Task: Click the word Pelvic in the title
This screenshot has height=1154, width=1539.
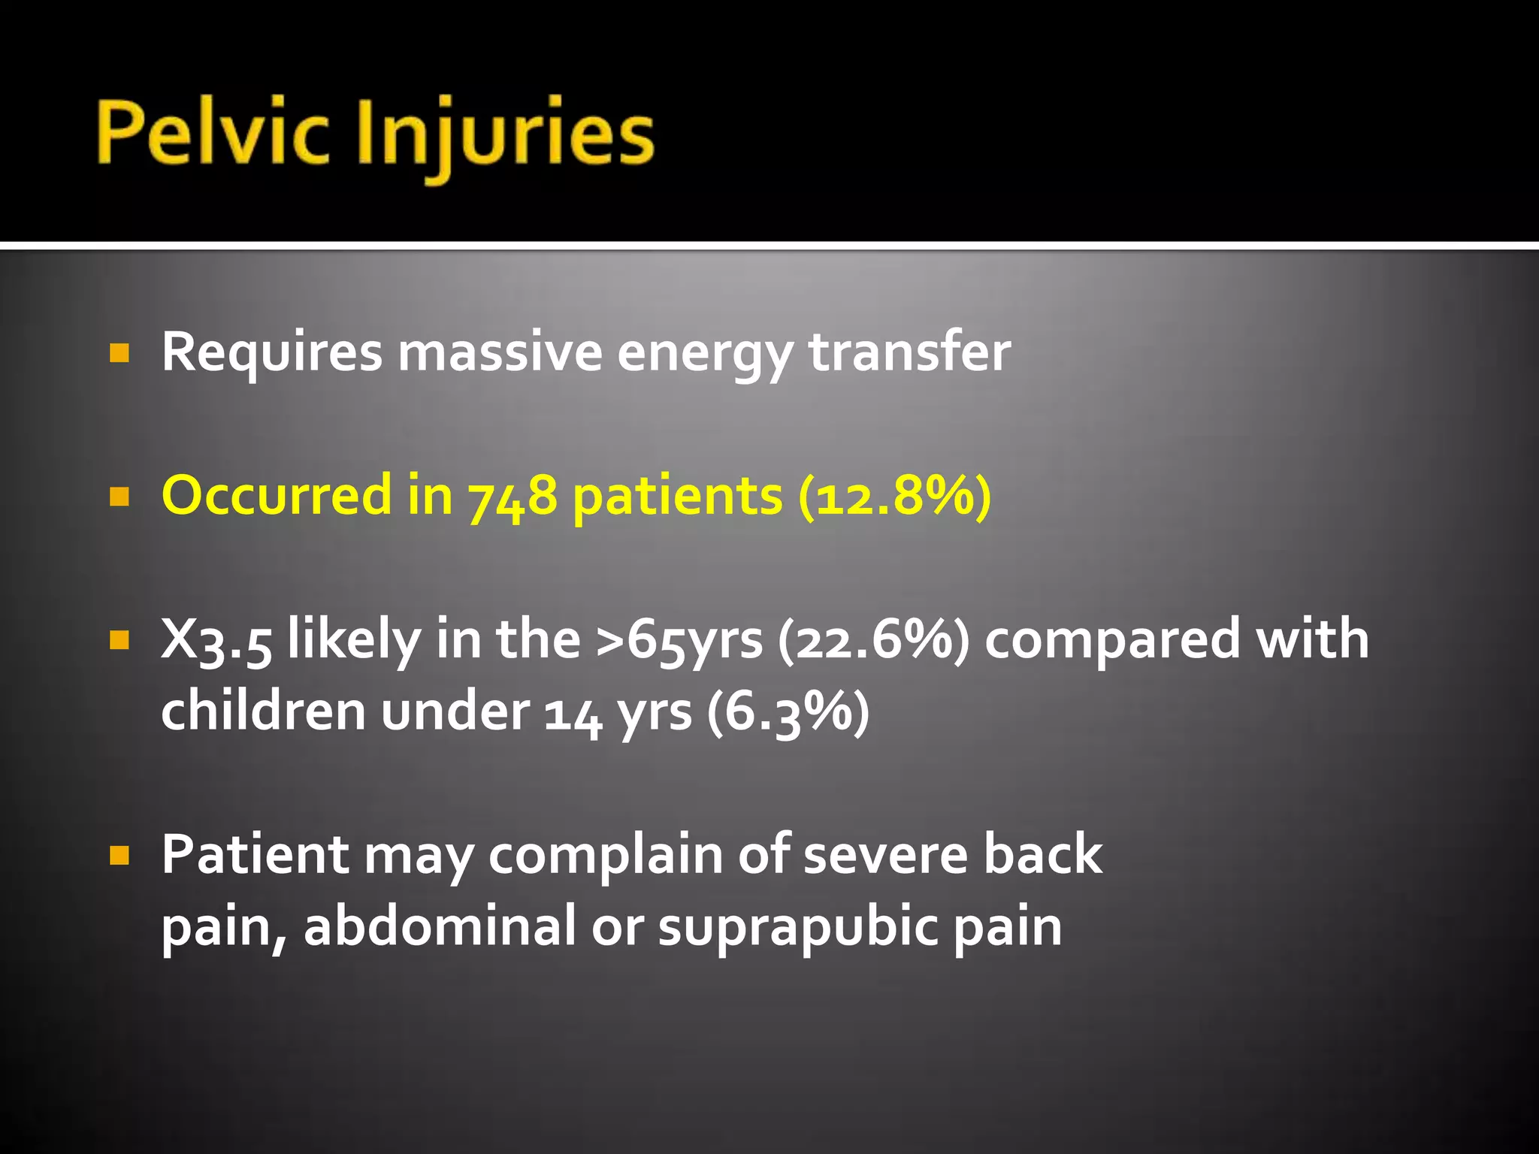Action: [x=213, y=134]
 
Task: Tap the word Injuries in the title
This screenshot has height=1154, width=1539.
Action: [x=505, y=135]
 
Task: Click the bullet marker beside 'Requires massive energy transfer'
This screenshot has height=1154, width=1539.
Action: [x=119, y=353]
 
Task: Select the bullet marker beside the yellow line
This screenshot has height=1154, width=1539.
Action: [x=119, y=497]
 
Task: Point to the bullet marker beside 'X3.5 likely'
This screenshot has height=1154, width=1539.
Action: [x=119, y=640]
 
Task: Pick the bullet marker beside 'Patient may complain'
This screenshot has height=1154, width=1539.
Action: [x=119, y=855]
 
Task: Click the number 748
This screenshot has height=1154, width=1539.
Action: [x=512, y=497]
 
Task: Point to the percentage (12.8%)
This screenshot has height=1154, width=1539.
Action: [x=894, y=497]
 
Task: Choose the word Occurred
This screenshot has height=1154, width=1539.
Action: [x=277, y=496]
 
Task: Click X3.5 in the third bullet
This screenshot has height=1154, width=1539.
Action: [x=216, y=640]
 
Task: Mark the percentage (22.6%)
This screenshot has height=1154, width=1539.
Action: [x=874, y=640]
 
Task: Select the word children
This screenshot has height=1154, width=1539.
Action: [x=263, y=711]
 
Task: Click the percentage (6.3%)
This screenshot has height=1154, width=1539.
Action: [x=788, y=711]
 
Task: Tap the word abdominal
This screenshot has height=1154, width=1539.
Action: [x=440, y=926]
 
